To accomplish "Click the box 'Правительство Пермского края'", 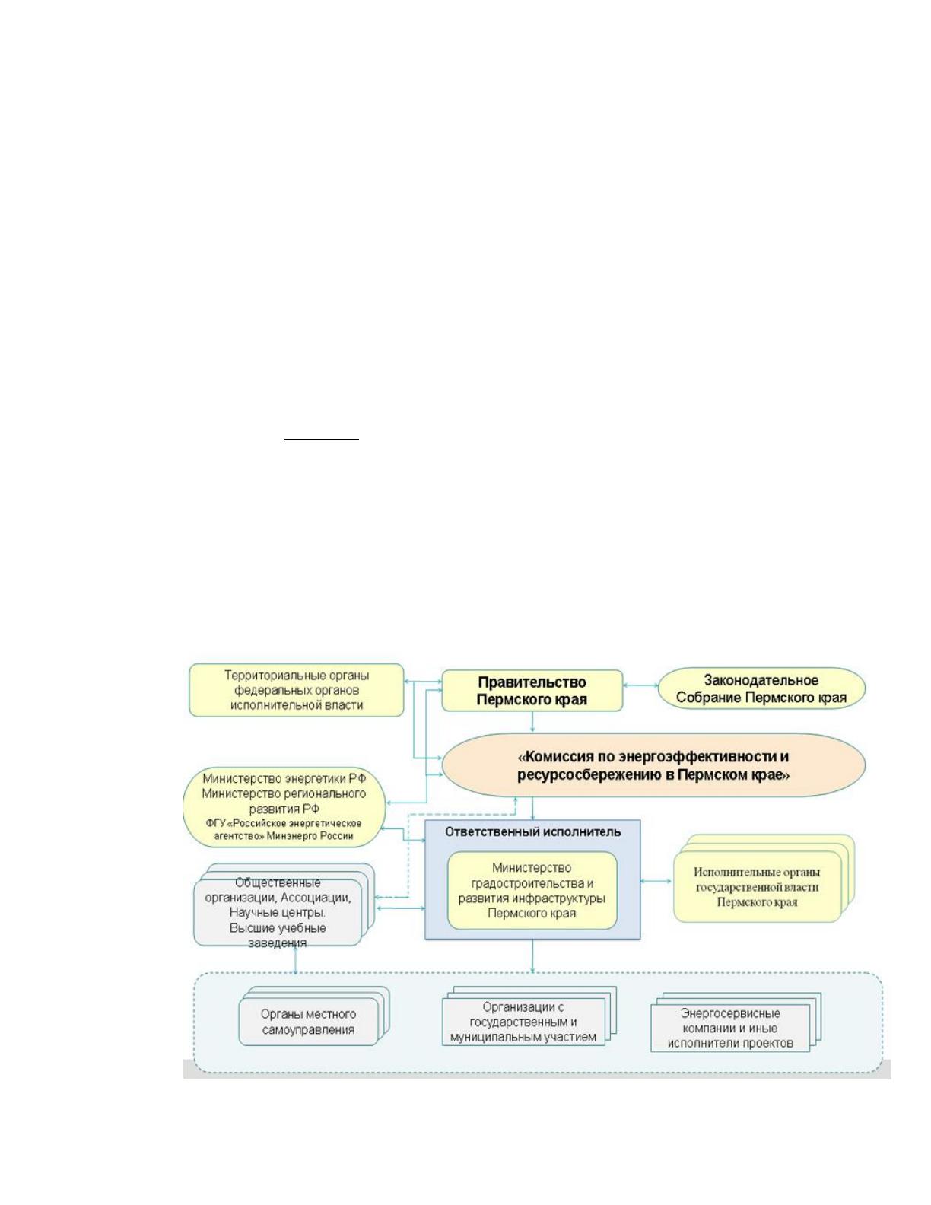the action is (x=532, y=690).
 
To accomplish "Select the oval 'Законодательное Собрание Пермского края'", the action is (x=761, y=688).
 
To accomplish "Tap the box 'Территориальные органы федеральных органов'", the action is (x=296, y=690).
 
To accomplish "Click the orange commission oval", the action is (x=653, y=765).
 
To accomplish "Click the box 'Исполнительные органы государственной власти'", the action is (x=758, y=887).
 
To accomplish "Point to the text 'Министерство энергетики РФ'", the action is (x=284, y=778).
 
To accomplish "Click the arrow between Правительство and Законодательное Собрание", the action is (x=640, y=685).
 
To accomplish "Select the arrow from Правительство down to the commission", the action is (x=532, y=722).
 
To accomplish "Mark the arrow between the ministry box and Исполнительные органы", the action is (x=656, y=881).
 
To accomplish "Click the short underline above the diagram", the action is (x=322, y=439).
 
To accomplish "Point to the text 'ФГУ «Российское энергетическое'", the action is (x=284, y=823).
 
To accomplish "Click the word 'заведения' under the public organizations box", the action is (x=278, y=943).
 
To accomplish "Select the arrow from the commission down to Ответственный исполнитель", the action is (x=532, y=809).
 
